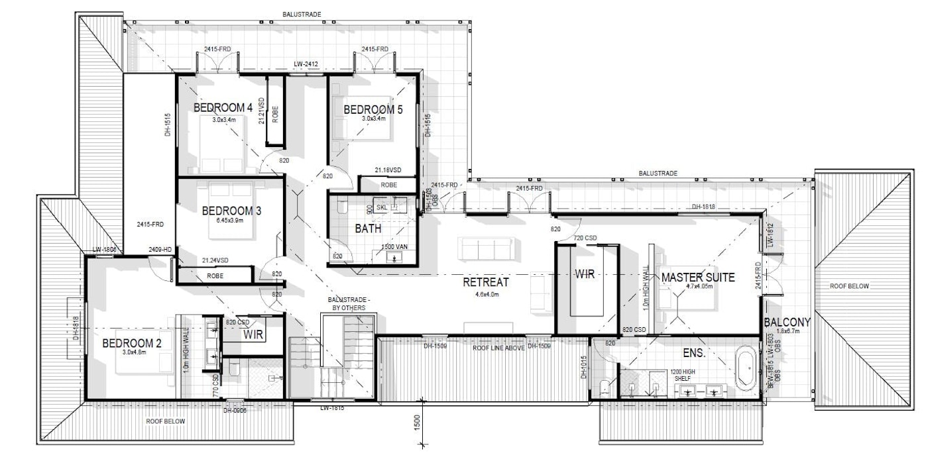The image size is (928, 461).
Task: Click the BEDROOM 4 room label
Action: coord(223,108)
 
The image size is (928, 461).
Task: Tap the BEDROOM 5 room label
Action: coord(373,110)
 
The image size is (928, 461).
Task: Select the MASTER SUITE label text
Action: coord(697,278)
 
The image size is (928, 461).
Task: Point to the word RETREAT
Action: coord(486,283)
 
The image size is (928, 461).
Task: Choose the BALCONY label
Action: coord(787,323)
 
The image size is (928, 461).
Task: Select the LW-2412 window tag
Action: coord(307,65)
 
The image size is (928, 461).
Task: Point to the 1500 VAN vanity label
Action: coord(394,247)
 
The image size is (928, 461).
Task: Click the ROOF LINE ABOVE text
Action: coord(498,348)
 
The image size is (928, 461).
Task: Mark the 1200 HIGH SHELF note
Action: coord(683,376)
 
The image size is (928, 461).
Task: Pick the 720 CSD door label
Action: coord(586,237)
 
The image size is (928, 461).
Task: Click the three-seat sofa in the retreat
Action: coord(486,249)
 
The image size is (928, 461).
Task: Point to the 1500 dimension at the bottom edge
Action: coord(416,424)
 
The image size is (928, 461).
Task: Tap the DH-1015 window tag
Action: coord(584,368)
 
